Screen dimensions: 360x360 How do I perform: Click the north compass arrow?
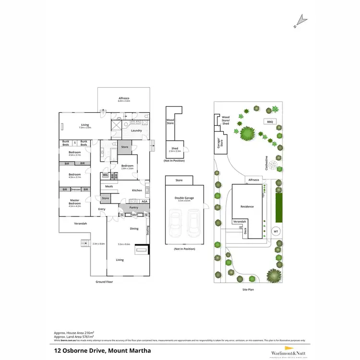tap(301, 20)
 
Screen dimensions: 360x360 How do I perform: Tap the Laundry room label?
tap(135, 131)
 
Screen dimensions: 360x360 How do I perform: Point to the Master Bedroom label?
tap(75, 202)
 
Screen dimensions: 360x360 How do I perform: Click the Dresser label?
tap(75, 190)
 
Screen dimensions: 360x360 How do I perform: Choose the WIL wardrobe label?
tap(106, 175)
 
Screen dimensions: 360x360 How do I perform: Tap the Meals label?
tap(109, 186)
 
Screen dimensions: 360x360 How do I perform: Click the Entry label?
tap(102, 209)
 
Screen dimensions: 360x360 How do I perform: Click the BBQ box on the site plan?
tap(270, 122)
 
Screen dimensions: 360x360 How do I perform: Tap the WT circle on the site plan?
tap(276, 231)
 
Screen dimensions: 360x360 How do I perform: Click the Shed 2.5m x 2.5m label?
tap(175, 150)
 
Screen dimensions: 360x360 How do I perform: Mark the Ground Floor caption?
tap(104, 282)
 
